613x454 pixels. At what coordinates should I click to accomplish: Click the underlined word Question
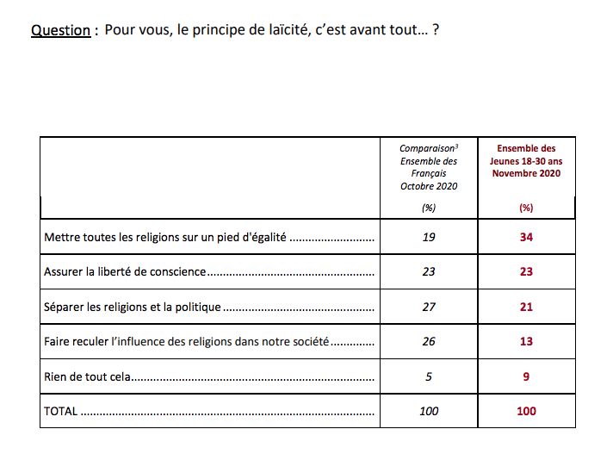coord(60,31)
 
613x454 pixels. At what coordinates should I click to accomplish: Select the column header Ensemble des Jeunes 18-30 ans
coord(526,161)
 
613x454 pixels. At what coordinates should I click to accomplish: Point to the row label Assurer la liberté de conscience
coord(125,271)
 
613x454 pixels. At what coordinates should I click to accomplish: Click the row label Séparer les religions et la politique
coord(133,307)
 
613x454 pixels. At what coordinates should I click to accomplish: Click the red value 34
coord(526,237)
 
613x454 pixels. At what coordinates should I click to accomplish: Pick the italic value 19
coord(429,237)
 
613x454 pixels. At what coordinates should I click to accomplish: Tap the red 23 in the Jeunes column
coord(526,271)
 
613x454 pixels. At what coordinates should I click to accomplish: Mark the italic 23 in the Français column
coord(429,271)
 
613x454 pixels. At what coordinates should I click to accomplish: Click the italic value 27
coord(429,307)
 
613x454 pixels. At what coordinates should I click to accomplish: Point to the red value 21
coord(526,307)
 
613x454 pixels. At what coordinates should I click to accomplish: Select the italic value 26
coord(429,341)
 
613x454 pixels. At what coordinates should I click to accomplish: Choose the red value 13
coord(526,341)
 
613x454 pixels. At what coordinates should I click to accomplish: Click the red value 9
coord(526,376)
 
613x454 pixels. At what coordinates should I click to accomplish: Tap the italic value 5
coord(429,376)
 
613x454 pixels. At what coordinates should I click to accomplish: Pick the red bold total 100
coord(526,411)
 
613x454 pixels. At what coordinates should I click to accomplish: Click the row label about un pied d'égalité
coord(164,237)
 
